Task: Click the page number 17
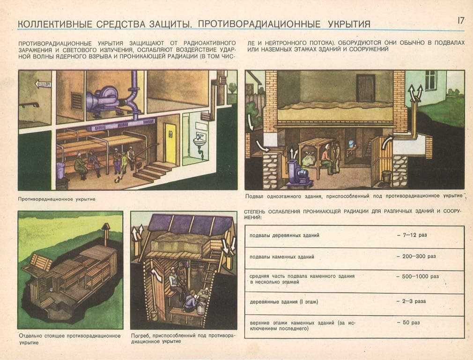click(x=461, y=20)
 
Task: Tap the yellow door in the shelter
click(x=170, y=144)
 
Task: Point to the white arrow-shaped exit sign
click(x=43, y=84)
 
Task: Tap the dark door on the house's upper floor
click(x=365, y=88)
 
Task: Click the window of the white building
click(x=430, y=80)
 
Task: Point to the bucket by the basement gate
click(x=386, y=176)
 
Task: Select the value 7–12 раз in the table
click(x=412, y=235)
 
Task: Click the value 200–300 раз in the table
click(x=416, y=256)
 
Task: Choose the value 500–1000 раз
click(x=417, y=277)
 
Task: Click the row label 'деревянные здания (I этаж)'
click(x=284, y=301)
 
